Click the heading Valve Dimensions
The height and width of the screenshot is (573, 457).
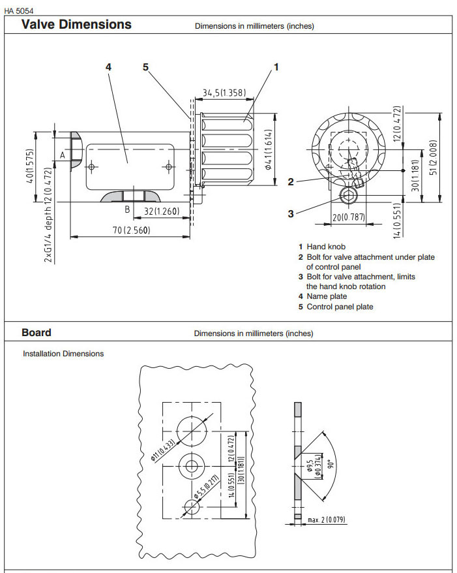[76, 25]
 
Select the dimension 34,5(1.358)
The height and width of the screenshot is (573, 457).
[224, 93]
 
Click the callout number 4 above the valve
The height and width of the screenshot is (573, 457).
[108, 67]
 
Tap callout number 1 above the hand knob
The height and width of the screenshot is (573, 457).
[276, 67]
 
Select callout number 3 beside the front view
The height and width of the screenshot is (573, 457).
[291, 212]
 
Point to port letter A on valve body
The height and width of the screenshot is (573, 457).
[63, 155]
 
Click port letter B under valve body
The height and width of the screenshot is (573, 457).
[128, 209]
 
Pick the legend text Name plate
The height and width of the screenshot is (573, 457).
[327, 296]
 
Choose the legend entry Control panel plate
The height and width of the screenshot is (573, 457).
[340, 307]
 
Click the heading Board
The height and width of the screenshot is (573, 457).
[37, 332]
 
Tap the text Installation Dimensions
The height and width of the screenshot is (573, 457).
[63, 354]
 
